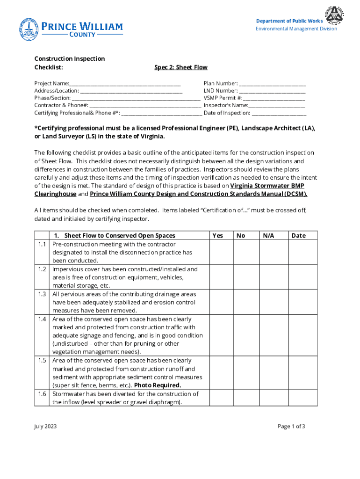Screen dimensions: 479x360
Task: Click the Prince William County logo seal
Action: pos(29,29)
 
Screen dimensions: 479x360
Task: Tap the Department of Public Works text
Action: pos(289,21)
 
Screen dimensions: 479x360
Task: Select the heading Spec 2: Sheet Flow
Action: pos(180,67)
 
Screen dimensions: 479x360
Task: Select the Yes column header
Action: pos(218,236)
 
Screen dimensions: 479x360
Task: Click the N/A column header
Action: pos(268,236)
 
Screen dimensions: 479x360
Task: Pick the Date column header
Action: pos(298,236)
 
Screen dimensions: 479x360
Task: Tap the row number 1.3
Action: pos(42,294)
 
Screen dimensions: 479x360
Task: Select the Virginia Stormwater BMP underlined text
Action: pos(267,186)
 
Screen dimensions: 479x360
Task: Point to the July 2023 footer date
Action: pos(45,426)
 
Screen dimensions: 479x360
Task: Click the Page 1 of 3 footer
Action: pos(291,426)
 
